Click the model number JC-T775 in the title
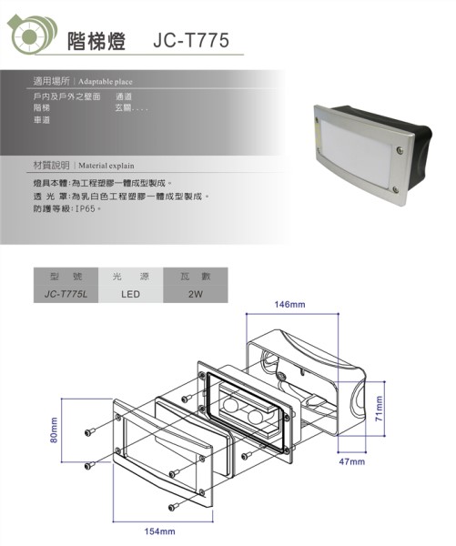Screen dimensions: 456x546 point(191,40)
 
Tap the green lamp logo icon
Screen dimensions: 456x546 point(32,35)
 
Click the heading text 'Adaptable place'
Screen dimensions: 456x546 point(106,82)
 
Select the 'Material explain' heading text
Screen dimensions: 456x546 point(106,166)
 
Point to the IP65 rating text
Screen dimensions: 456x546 point(85,209)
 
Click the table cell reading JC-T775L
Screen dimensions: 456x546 point(66,294)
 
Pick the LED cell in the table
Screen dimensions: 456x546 point(131,294)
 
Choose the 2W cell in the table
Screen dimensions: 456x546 point(196,294)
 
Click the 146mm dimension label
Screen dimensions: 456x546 point(289,305)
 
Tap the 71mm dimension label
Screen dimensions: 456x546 point(379,409)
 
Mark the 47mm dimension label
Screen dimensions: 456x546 point(352,461)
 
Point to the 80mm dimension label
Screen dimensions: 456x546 point(54,430)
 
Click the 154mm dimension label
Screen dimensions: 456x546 point(160,531)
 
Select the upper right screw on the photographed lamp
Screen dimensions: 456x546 point(400,150)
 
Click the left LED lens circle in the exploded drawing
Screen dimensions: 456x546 point(230,405)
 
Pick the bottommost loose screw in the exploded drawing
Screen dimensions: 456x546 point(173,507)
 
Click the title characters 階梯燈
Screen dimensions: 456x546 point(96,41)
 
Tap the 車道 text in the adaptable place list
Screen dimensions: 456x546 point(42,120)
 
